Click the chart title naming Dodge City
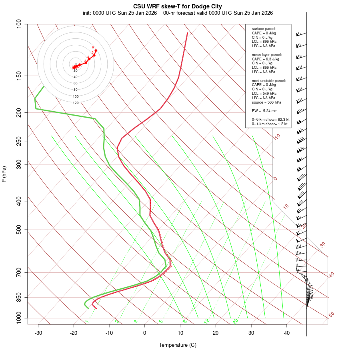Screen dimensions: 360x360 coord(178,6)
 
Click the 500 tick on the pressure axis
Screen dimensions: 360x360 coord(19,230)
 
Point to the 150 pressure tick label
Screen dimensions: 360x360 coord(19,76)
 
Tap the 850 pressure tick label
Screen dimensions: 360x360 coord(19,297)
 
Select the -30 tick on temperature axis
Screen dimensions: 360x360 coord(38,333)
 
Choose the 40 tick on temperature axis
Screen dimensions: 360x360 coord(287,333)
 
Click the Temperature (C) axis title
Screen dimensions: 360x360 coord(178,345)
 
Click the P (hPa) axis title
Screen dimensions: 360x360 coord(4,174)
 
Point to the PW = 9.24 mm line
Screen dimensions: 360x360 coord(264,111)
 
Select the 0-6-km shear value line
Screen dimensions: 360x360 coord(270,120)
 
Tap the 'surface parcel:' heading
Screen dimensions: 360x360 coord(264,29)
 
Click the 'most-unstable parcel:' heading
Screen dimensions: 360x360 coord(269,80)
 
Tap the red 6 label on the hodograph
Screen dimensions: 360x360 coord(93,47)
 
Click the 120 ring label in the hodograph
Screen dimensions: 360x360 coord(76,103)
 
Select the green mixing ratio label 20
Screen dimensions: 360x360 coord(236,321)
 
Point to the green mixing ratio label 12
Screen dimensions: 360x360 coord(207,321)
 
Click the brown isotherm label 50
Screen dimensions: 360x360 coord(331,315)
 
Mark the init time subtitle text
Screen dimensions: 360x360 coord(120,13)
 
